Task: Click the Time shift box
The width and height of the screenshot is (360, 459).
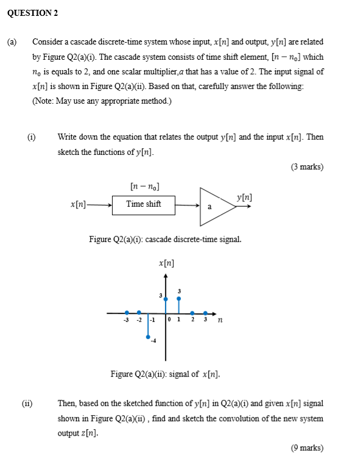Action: [144, 204]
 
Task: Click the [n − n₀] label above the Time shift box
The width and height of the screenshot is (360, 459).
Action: [145, 185]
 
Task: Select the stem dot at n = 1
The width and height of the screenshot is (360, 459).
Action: [178, 299]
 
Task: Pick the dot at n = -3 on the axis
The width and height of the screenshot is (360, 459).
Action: [127, 312]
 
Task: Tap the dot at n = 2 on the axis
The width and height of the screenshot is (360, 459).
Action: [192, 312]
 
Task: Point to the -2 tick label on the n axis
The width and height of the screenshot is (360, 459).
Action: [139, 319]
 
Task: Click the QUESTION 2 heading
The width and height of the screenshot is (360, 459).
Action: [34, 13]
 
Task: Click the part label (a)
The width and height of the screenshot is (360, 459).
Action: [12, 42]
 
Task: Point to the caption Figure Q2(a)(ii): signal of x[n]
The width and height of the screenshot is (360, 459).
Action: [165, 373]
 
